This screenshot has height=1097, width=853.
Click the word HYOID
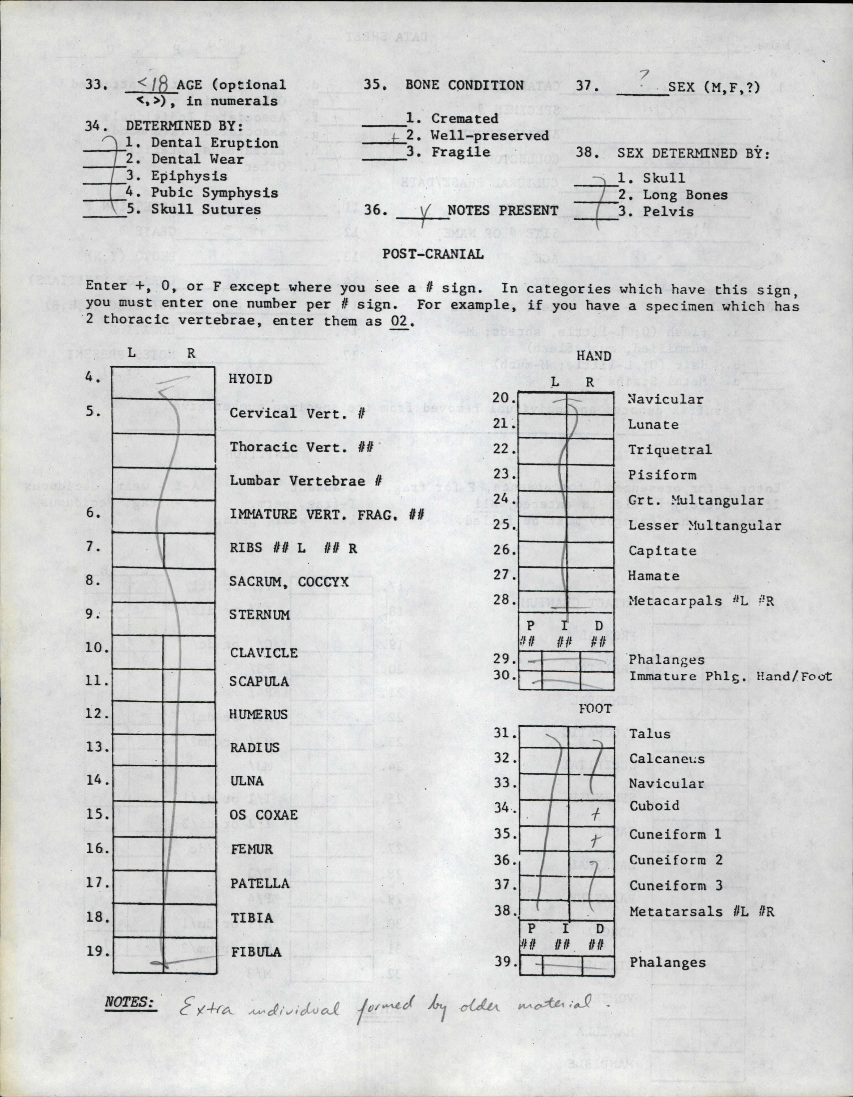(x=250, y=379)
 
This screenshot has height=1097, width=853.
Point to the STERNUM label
(x=260, y=615)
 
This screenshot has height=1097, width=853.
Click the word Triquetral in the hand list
(x=670, y=449)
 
